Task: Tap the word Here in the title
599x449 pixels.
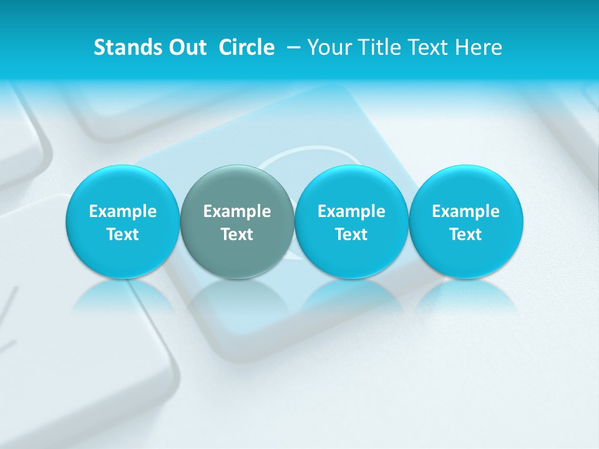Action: [x=477, y=47]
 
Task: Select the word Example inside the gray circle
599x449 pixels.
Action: [x=236, y=211]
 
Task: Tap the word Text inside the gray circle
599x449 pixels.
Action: [x=236, y=234]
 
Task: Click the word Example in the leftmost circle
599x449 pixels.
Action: [x=122, y=211]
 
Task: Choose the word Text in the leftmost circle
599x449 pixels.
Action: [x=122, y=234]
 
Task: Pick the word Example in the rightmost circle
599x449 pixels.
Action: [x=465, y=211]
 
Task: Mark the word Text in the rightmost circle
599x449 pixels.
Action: [x=465, y=234]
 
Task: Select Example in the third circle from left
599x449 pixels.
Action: [x=351, y=211]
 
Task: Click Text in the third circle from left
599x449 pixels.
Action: [x=351, y=234]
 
